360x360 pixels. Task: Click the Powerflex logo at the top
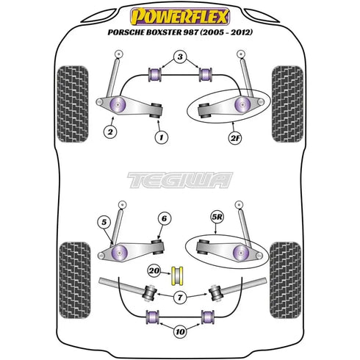[x=180, y=16]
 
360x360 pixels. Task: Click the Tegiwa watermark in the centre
[x=180, y=180]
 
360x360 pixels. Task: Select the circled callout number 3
[x=180, y=57]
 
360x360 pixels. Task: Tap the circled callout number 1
[x=162, y=137]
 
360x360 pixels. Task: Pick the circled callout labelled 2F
[x=235, y=138]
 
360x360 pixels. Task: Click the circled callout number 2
[x=110, y=132]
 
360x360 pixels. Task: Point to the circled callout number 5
[x=104, y=222]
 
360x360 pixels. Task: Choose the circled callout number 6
[x=164, y=218]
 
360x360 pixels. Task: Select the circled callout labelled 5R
[x=217, y=217]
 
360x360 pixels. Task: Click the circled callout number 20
[x=154, y=271]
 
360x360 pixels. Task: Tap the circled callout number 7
[x=180, y=298]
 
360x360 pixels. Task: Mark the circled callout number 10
[x=180, y=332]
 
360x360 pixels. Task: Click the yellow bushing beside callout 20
[x=177, y=276]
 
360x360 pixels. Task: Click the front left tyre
[x=73, y=104]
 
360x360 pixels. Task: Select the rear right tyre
[x=286, y=280]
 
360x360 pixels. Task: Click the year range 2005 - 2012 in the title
[x=226, y=32]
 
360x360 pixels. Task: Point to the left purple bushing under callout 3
[x=155, y=74]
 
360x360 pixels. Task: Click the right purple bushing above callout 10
[x=208, y=317]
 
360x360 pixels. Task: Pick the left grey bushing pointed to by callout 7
[x=150, y=292]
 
